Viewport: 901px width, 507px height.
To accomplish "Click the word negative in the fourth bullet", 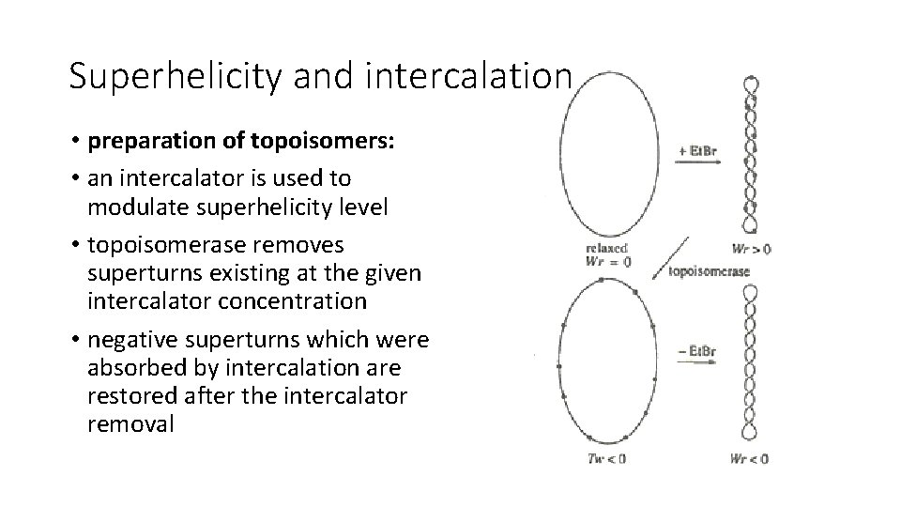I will point(130,339).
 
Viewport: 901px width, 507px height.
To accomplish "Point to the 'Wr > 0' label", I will point(751,249).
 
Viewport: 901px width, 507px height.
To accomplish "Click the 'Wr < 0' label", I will point(749,458).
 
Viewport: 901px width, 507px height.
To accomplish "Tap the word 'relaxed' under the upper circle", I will point(606,248).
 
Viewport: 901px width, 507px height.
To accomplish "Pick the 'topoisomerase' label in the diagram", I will point(709,272).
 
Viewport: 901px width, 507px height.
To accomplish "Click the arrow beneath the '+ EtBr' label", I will point(697,162).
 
